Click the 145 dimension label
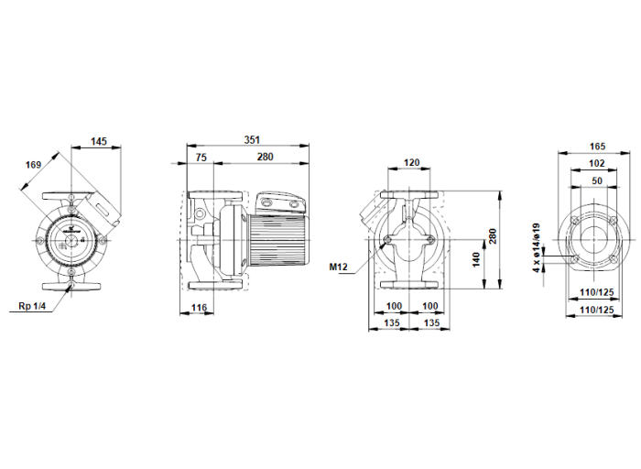[x=99, y=142]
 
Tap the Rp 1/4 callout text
[x=31, y=305]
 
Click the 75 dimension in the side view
[x=201, y=158]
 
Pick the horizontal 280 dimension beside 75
[x=265, y=158]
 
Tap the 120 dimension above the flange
[x=411, y=162]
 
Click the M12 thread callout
[x=340, y=267]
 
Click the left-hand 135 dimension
[x=392, y=322]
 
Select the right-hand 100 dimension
[x=429, y=306]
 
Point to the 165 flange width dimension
[x=596, y=146]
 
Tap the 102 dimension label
[x=596, y=163]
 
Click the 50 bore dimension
[x=596, y=180]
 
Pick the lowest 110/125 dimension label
[x=596, y=311]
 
